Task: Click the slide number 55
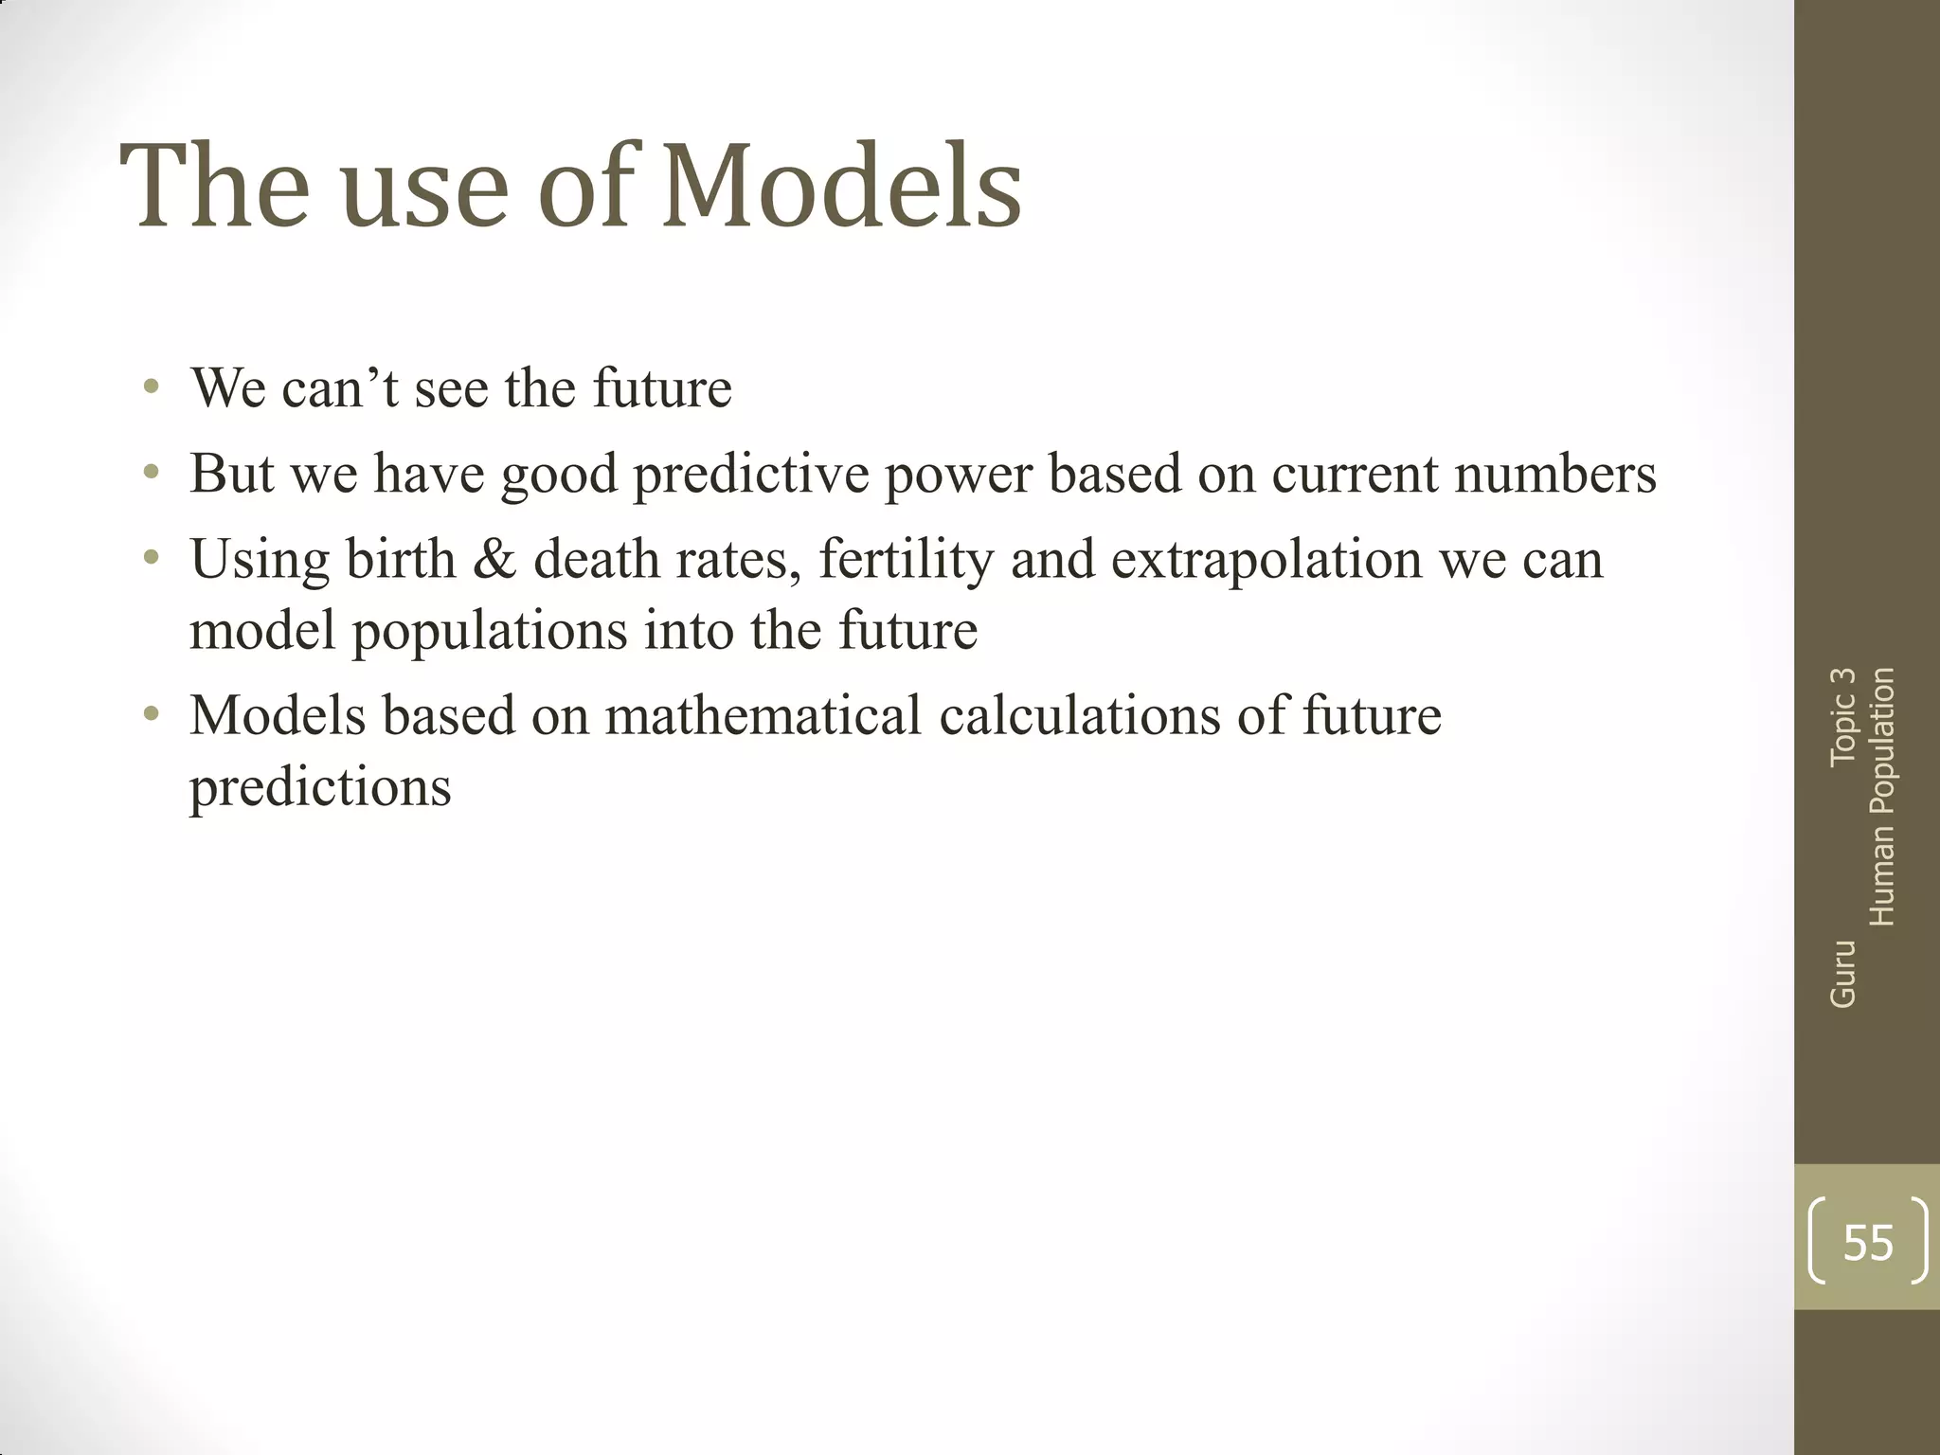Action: coord(1868,1242)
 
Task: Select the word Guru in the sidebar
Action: coord(1842,974)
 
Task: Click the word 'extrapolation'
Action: coord(1266,559)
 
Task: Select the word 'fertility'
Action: coord(906,559)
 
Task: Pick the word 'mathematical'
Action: coord(763,715)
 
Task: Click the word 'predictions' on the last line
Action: coord(320,787)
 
